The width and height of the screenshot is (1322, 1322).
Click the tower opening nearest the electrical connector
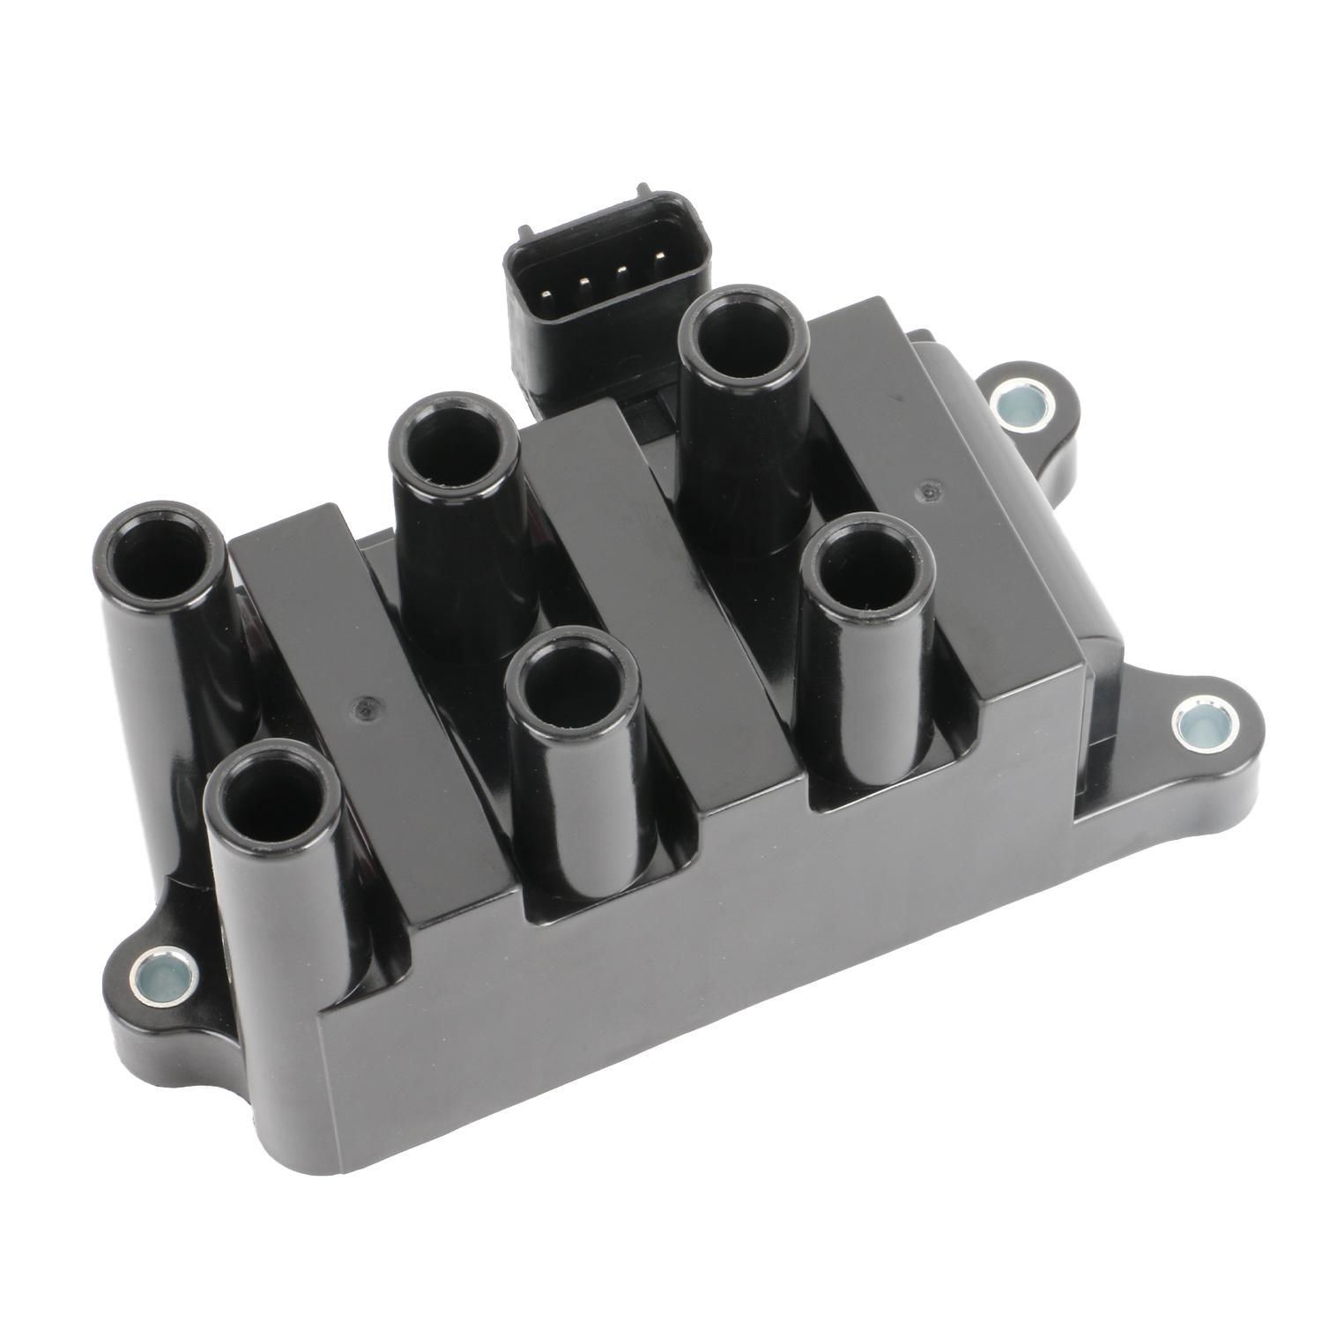[x=743, y=338]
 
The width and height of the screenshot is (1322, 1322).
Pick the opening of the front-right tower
[x=867, y=574]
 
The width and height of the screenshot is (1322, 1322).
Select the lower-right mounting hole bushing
[x=1200, y=723]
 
